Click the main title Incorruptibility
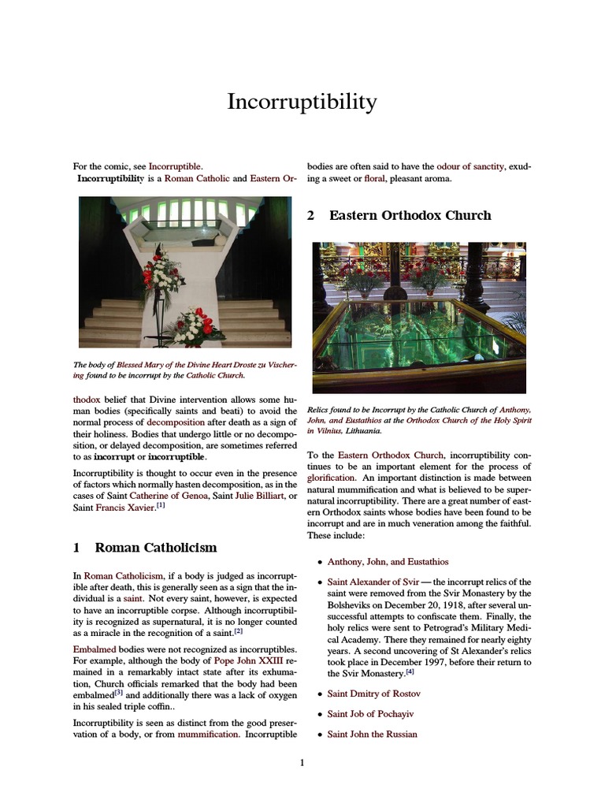pyautogui.click(x=302, y=102)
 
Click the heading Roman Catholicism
pyautogui.click(x=155, y=547)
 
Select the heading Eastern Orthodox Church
pyautogui.click(x=410, y=215)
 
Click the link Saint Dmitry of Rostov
pyautogui.click(x=373, y=694)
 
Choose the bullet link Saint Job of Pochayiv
pyautogui.click(x=370, y=714)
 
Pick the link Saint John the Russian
pyautogui.click(x=372, y=734)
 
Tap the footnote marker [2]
pyautogui.click(x=238, y=631)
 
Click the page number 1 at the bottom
pyautogui.click(x=302, y=762)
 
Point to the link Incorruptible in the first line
pyautogui.click(x=175, y=166)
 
